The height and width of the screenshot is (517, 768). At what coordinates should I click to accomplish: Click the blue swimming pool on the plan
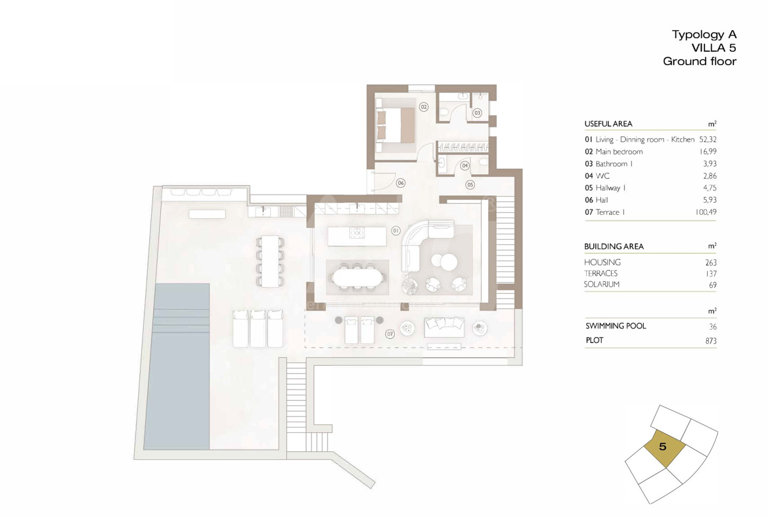click(x=176, y=366)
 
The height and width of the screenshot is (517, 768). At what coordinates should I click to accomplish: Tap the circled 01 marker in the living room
click(x=396, y=230)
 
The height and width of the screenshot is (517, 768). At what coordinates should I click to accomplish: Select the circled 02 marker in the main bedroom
click(x=424, y=107)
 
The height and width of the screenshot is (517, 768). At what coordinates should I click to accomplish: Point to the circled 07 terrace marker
click(x=390, y=334)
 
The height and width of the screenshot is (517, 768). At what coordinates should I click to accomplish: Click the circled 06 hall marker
click(x=401, y=183)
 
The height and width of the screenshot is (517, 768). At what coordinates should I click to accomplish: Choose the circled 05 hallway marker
click(x=470, y=185)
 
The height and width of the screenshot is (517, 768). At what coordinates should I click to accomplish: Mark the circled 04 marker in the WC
click(x=465, y=166)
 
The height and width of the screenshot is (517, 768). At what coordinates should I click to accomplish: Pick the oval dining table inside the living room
click(x=357, y=277)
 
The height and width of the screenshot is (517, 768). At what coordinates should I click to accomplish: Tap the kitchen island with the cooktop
click(x=357, y=236)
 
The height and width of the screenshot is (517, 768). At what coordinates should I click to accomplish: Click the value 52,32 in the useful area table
click(x=707, y=139)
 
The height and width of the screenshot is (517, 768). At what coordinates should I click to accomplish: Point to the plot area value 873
click(x=711, y=341)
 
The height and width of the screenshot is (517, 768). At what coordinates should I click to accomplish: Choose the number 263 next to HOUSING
click(x=711, y=263)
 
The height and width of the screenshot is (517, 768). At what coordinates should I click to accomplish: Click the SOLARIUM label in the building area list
click(x=602, y=284)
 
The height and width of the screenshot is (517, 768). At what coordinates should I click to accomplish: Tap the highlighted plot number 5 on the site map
click(x=663, y=446)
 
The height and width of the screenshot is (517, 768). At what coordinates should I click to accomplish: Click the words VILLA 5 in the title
click(x=714, y=48)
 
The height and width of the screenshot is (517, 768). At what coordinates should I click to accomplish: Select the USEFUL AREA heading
click(x=608, y=123)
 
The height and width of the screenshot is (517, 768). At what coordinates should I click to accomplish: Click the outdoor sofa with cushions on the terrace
click(x=444, y=327)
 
